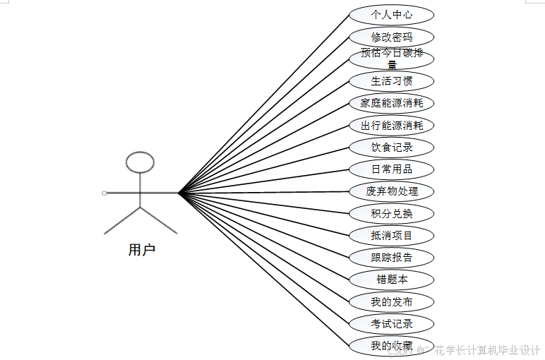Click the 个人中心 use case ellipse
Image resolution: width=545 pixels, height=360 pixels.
point(392,14)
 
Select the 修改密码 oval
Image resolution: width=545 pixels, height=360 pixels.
point(392,37)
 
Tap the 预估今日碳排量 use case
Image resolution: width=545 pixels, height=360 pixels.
point(392,58)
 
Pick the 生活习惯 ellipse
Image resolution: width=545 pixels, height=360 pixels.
point(392,80)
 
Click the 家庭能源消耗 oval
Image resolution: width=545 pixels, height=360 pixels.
point(392,103)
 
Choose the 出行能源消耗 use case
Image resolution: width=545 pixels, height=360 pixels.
point(392,126)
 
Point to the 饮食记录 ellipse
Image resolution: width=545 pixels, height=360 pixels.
point(392,148)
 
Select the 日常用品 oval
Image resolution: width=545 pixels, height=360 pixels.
point(392,169)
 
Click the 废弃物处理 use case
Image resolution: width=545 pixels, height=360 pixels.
point(392,191)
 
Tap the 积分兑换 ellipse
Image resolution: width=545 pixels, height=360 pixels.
point(392,213)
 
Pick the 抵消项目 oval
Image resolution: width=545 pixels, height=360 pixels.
point(392,235)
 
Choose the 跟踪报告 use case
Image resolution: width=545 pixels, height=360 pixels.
point(392,257)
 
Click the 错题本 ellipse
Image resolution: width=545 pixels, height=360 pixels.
point(392,280)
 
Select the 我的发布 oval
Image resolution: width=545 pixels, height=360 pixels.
point(392,302)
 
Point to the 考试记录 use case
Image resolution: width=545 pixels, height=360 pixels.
point(392,324)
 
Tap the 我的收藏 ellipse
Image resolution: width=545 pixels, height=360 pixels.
point(392,346)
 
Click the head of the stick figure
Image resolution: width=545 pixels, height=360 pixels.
point(140,162)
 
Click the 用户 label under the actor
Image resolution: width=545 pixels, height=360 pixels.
point(141,250)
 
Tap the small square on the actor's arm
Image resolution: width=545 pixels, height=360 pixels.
point(104,192)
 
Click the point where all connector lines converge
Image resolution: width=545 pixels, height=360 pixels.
point(179,192)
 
